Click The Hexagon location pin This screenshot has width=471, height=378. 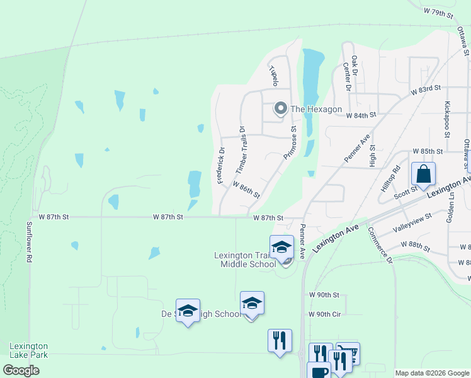pos(280,109)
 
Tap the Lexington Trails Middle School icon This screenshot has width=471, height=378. pos(281,247)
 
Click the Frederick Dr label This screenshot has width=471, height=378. pos(221,166)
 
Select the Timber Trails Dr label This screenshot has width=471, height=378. pos(240,151)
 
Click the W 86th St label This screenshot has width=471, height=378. pos(246,190)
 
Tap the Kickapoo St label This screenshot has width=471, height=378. pos(447,118)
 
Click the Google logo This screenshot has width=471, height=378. pos(21,370)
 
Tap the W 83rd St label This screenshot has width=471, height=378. pos(426,90)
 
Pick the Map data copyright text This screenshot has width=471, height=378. pos(432,373)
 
